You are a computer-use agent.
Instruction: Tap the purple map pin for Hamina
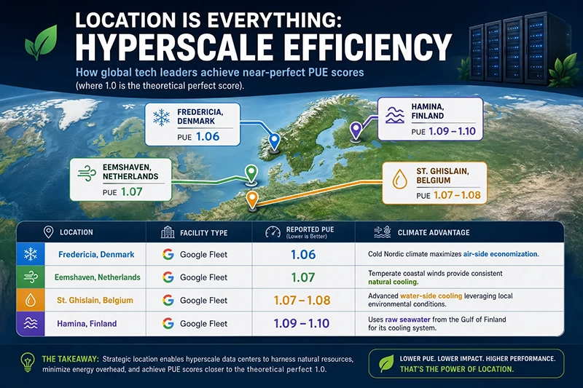356,130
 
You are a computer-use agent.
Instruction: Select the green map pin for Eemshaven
251,173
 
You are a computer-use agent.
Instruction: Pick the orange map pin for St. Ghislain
252,199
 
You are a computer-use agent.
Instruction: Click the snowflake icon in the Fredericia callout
161,117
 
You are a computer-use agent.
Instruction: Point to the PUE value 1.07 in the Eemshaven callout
132,191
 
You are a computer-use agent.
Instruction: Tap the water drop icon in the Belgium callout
399,179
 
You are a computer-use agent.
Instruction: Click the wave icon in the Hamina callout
395,115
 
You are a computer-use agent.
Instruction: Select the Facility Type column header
204,233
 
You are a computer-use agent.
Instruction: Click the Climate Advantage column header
434,232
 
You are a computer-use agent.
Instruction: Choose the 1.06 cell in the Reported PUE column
303,254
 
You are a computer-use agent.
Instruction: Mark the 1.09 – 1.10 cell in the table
302,323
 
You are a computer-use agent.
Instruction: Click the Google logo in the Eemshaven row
168,277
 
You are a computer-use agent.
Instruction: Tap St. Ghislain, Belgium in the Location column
95,300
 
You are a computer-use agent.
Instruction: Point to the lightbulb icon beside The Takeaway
28,362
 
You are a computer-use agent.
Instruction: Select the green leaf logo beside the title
41,42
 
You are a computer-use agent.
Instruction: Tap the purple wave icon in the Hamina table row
31,323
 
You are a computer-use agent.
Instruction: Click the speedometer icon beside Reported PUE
273,232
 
